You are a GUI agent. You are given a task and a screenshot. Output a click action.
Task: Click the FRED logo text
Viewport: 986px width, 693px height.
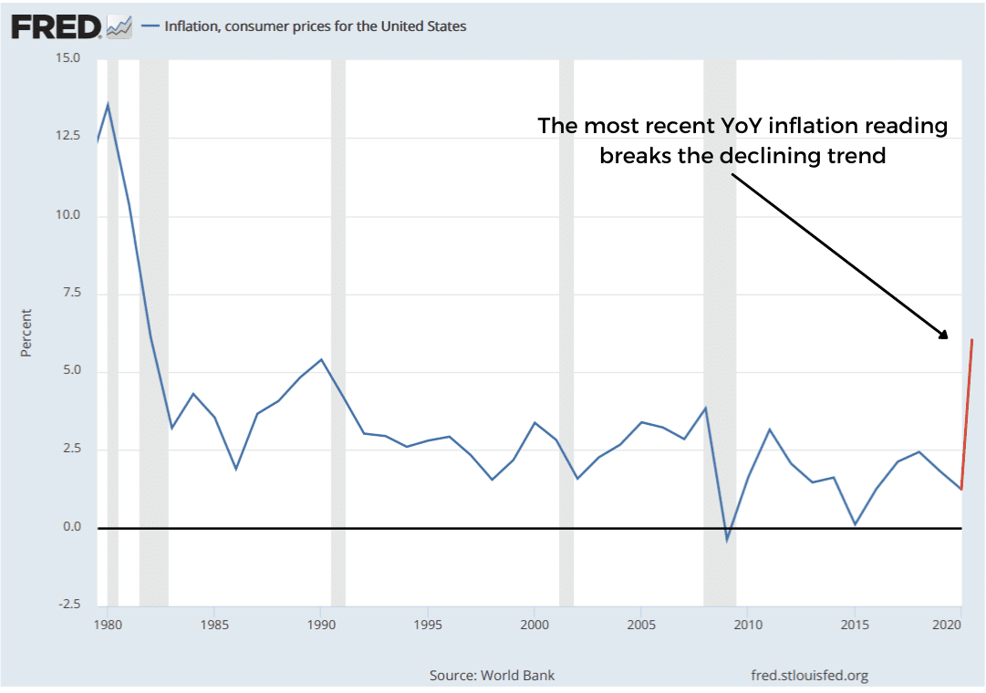[55, 26]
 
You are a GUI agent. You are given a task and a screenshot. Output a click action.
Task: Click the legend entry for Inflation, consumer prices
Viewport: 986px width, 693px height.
[315, 26]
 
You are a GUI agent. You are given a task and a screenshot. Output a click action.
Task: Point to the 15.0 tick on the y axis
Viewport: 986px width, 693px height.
[68, 58]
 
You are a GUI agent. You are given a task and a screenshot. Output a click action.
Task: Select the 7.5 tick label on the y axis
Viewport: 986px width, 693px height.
[68, 293]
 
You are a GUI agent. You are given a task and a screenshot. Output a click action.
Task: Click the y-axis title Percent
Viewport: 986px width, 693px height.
[26, 333]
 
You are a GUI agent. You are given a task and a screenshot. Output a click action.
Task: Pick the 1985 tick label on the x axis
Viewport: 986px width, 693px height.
[214, 626]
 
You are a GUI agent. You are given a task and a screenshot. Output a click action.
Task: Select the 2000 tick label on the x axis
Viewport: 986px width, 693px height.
[534, 626]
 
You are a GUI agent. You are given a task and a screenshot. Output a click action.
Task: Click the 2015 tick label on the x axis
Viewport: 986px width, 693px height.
[854, 626]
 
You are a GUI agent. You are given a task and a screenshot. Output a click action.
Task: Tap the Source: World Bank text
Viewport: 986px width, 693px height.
[492, 676]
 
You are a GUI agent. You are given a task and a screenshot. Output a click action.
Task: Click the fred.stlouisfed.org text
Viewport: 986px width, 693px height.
[809, 676]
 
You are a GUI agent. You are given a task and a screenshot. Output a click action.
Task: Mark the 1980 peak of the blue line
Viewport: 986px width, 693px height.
[108, 104]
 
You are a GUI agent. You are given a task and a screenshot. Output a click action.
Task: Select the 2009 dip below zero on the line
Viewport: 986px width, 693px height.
[727, 540]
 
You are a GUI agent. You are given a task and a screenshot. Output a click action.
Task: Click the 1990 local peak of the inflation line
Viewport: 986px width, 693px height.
[321, 359]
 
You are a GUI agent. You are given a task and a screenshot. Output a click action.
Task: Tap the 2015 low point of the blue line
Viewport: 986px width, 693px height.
[855, 524]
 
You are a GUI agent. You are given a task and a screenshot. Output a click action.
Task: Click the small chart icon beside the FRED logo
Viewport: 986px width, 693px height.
[119, 27]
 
